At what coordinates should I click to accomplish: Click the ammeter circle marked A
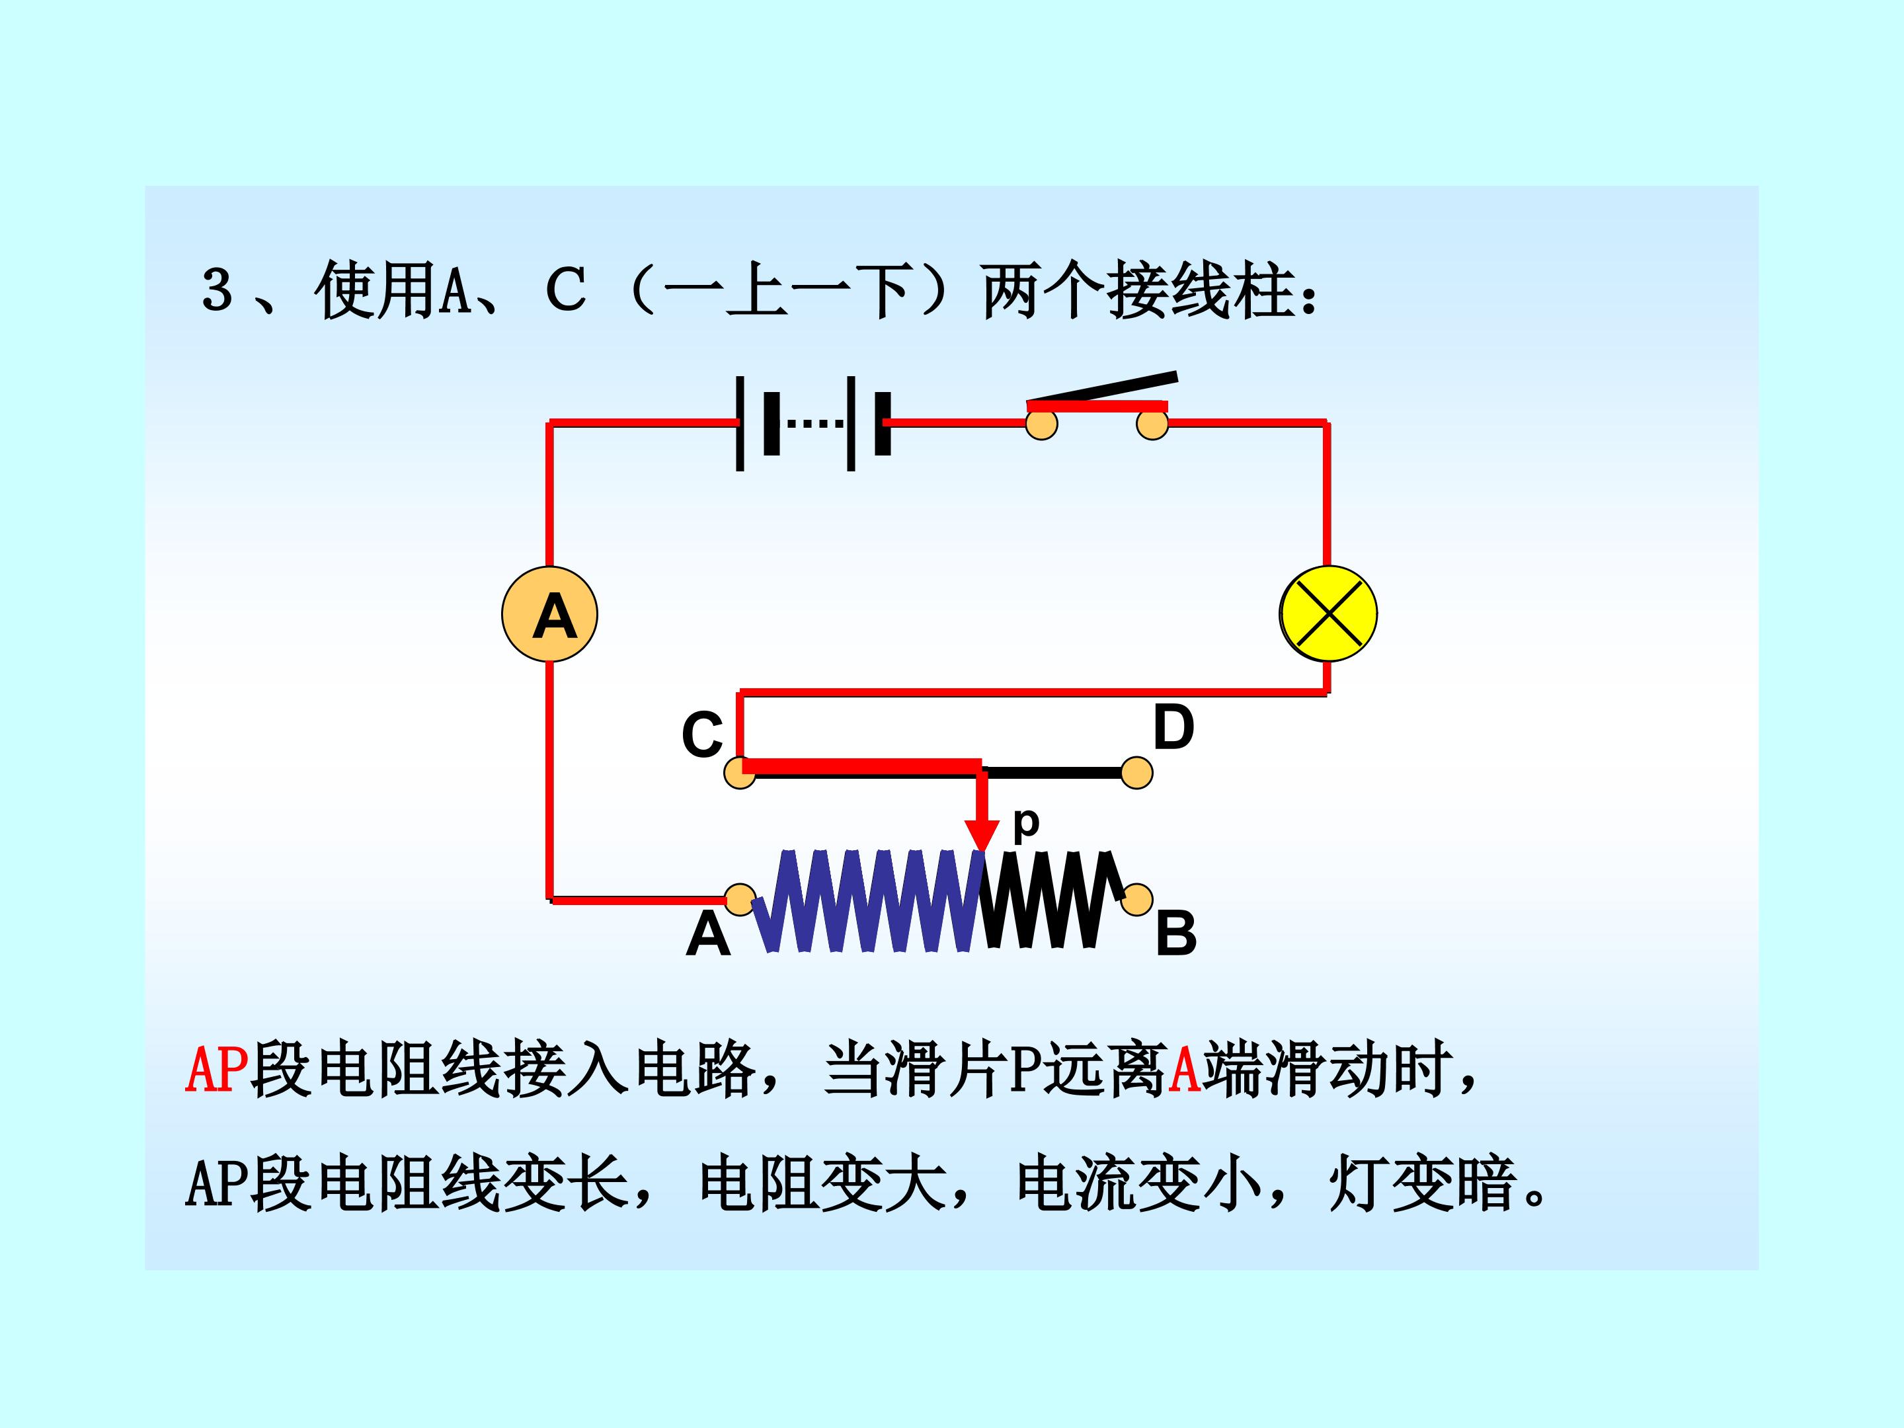[x=549, y=614]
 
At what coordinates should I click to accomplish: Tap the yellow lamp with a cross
[x=1328, y=614]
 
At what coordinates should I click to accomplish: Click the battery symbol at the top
[x=813, y=422]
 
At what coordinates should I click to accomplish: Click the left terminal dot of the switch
[x=1041, y=424]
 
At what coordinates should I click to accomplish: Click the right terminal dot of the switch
[x=1152, y=424]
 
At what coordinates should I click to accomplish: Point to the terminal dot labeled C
[x=739, y=772]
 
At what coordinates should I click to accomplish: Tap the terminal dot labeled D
[x=1136, y=772]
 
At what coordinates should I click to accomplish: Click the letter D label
[x=1173, y=727]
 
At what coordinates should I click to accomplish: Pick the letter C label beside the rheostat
[x=702, y=734]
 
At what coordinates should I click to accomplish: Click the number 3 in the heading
[x=217, y=290]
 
